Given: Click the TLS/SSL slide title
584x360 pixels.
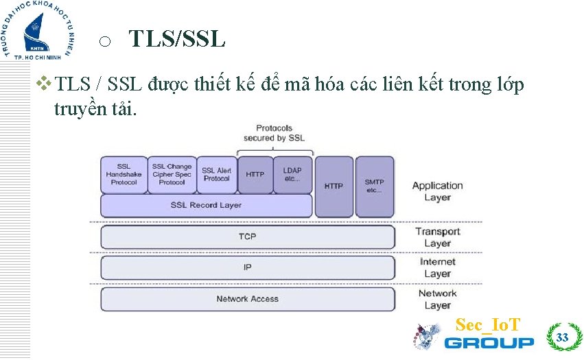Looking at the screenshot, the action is tap(177, 39).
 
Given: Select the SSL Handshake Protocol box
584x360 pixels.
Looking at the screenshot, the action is tap(124, 174).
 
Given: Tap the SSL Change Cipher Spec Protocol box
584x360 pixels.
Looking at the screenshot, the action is tap(172, 174).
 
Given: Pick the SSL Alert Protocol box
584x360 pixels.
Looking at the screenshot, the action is tap(217, 174).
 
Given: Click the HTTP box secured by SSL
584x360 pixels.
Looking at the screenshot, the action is tap(255, 174).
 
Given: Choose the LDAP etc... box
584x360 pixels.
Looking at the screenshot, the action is tap(293, 174).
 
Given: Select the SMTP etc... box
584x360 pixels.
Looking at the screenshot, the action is tap(375, 187).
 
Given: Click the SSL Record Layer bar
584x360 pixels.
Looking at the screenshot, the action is tap(206, 205).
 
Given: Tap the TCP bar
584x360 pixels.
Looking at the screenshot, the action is tap(247, 237).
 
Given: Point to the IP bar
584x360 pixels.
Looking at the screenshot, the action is tap(247, 267).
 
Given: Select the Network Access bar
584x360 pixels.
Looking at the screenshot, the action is tap(247, 299).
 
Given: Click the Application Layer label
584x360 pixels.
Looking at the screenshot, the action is tap(437, 191).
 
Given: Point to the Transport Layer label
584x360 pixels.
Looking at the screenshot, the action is tap(437, 237).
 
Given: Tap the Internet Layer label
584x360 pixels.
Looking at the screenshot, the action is tap(437, 267).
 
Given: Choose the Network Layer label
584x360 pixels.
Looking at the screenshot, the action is tap(437, 299).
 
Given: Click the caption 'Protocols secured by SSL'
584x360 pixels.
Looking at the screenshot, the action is tap(274, 133).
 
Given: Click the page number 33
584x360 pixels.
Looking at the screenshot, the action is tap(562, 337).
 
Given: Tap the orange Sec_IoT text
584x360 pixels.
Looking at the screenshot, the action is tap(488, 324).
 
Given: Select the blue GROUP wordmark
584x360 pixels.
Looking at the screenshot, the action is tap(489, 342).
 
